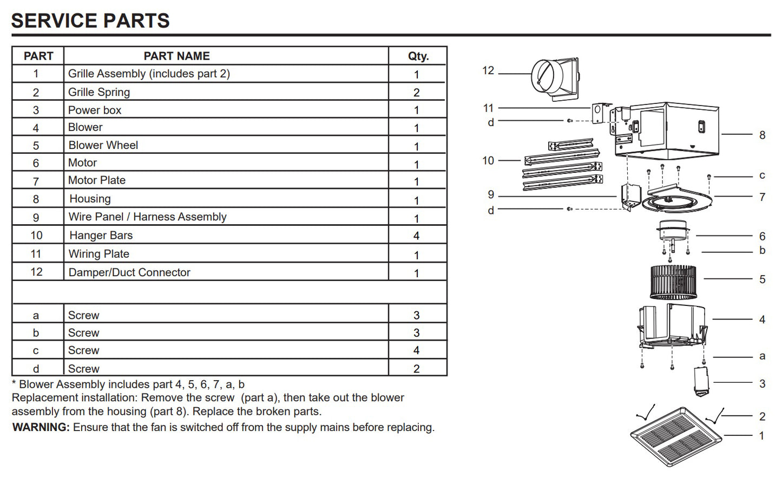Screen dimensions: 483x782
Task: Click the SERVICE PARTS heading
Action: click(x=90, y=21)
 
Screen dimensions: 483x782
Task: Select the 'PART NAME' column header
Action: click(x=176, y=56)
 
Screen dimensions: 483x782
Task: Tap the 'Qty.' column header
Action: click(x=418, y=56)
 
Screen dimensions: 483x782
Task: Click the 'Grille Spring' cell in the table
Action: click(x=99, y=92)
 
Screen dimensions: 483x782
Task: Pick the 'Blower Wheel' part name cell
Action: click(x=103, y=145)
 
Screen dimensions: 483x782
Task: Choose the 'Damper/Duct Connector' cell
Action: click(x=129, y=272)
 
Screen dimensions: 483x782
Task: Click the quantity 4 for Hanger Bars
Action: click(x=416, y=236)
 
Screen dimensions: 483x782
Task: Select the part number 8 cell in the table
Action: click(x=36, y=199)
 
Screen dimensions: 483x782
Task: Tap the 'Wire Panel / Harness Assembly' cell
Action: click(x=147, y=217)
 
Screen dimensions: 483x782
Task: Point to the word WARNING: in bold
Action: click(x=41, y=427)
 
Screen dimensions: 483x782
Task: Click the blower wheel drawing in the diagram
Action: click(x=673, y=282)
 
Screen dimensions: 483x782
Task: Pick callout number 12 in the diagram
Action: click(x=488, y=71)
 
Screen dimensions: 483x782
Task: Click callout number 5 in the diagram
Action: click(x=762, y=279)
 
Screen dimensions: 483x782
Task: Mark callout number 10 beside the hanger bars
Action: click(x=488, y=161)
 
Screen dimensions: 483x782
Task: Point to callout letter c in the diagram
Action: click(x=762, y=175)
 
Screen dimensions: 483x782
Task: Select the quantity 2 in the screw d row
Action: click(x=416, y=369)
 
